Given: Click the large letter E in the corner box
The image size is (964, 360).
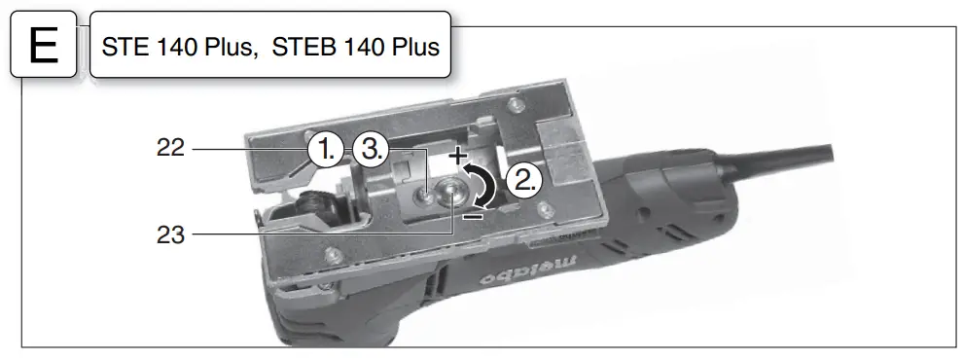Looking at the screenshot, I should (44, 46).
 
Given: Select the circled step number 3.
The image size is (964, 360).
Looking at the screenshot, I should (372, 151).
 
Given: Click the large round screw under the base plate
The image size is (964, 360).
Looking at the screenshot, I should (452, 195).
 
